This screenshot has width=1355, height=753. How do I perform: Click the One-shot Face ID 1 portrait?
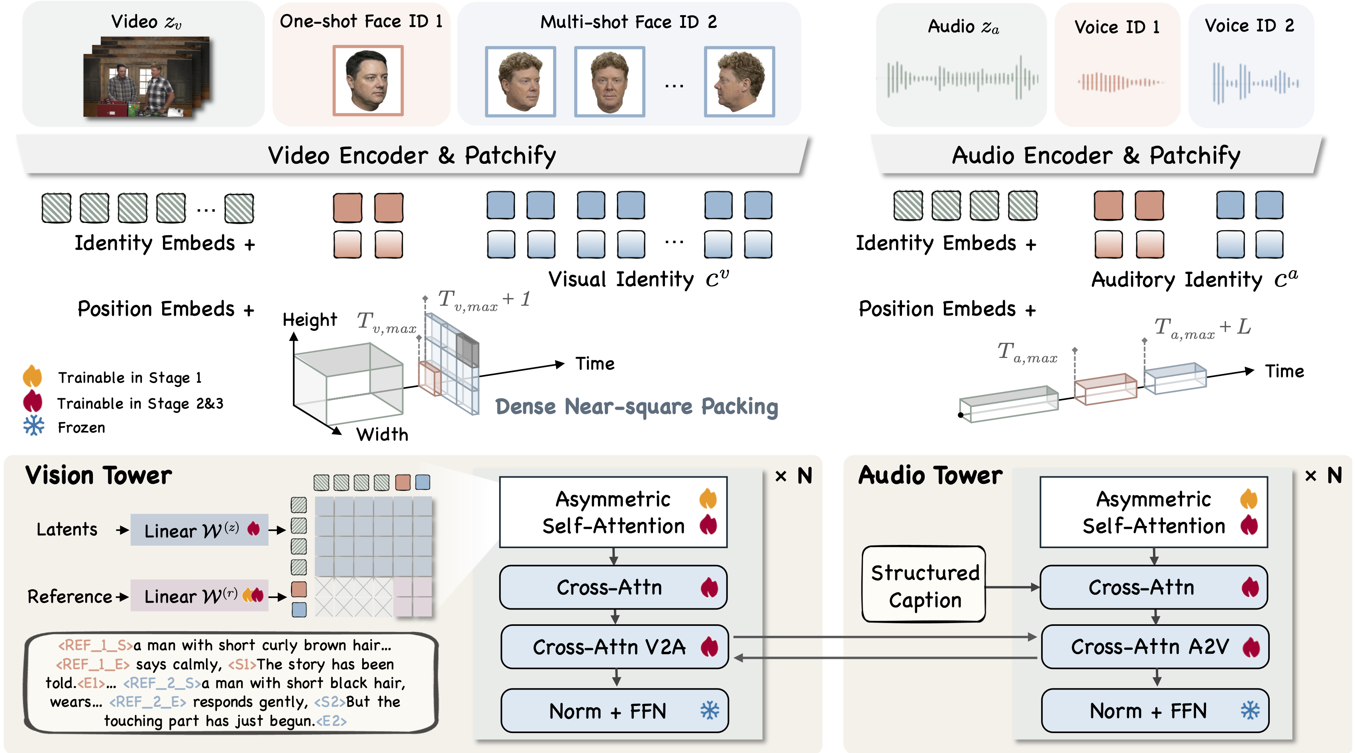coord(368,80)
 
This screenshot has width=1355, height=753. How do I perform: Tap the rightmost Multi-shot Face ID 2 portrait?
coord(739,82)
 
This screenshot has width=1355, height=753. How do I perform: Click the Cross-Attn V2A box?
coord(614,647)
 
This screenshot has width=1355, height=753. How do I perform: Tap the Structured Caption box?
coord(924,585)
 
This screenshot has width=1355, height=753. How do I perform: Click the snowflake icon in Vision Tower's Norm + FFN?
coord(710,710)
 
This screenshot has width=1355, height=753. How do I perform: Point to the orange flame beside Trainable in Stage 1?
coord(33,376)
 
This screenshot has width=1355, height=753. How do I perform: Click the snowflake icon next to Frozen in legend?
coord(33,426)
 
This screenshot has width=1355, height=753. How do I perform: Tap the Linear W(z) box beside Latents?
coord(199,530)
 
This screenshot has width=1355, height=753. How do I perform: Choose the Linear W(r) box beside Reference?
coord(199,596)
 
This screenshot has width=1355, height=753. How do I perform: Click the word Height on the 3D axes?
coord(309,319)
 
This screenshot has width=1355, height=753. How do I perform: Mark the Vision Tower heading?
coord(98,475)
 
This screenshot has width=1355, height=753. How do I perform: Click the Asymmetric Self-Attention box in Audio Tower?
coord(1153,512)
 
